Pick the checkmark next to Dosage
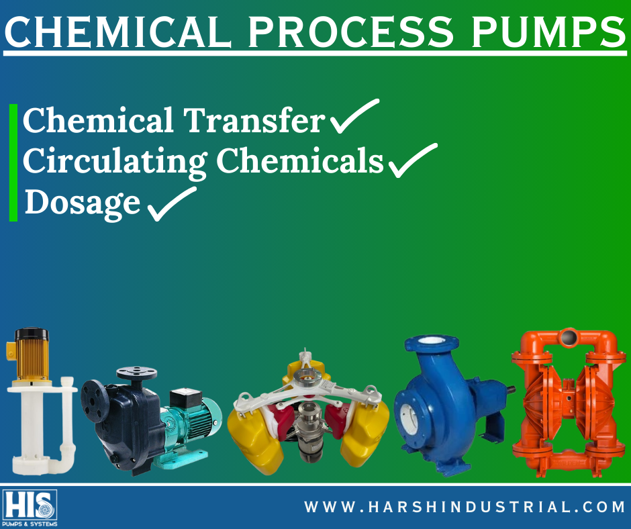(x=171, y=203)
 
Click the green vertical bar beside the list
(x=13, y=162)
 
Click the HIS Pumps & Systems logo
(x=30, y=508)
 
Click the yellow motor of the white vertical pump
(x=29, y=352)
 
